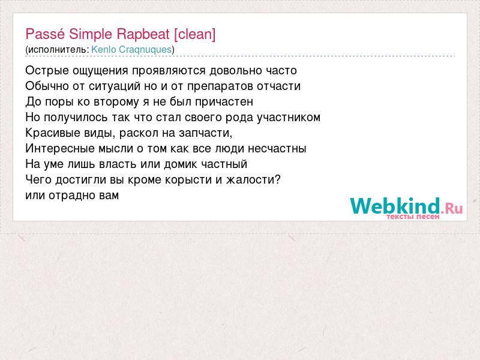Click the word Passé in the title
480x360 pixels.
[x=45, y=34]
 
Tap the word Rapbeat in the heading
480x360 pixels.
[x=143, y=34]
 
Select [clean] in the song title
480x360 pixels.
[x=194, y=34]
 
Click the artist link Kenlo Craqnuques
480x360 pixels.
[x=131, y=49]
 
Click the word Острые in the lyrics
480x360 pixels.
[x=47, y=71]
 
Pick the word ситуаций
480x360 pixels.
[x=115, y=86]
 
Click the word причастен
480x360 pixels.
[x=224, y=102]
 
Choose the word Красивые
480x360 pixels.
[x=46, y=133]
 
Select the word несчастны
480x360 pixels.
[x=277, y=149]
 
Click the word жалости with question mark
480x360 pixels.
[x=253, y=179]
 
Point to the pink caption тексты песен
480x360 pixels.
[x=413, y=217]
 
